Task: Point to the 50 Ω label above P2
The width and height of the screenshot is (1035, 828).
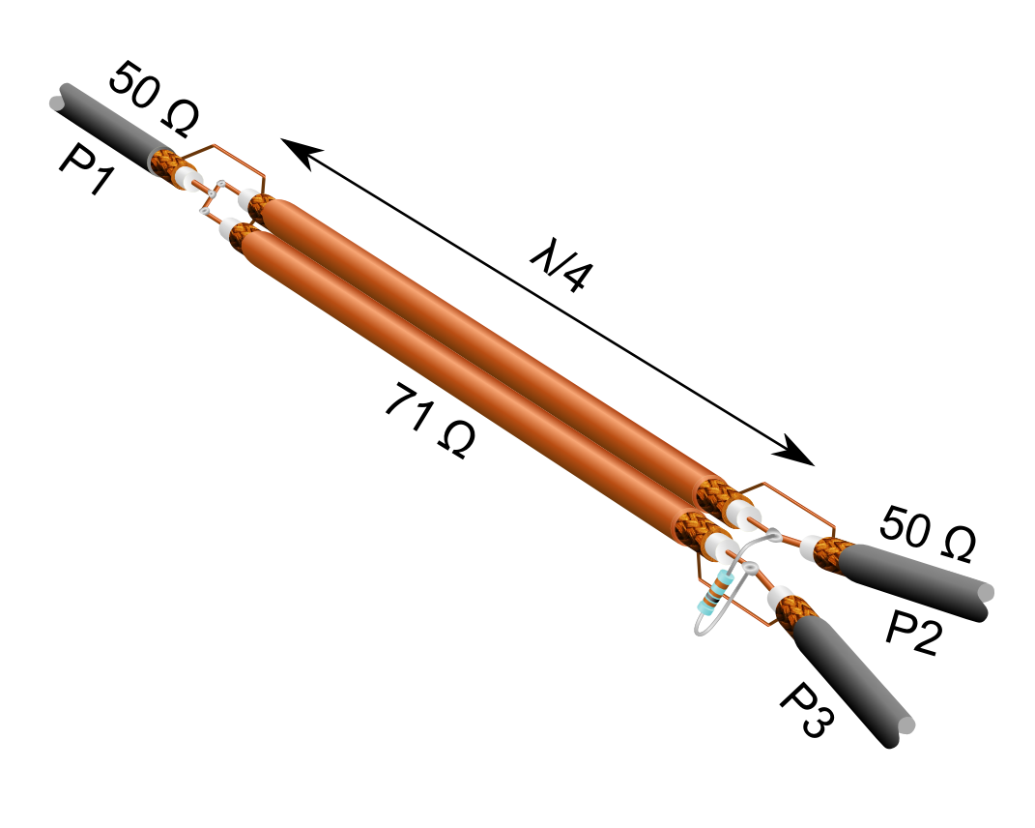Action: pos(927,535)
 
